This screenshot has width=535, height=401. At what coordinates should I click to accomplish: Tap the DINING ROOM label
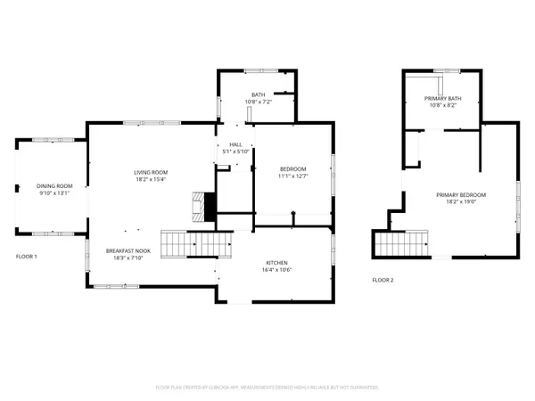tap(54, 185)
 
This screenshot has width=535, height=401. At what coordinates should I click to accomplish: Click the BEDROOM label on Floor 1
tap(293, 169)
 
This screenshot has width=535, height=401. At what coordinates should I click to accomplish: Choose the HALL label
tap(235, 144)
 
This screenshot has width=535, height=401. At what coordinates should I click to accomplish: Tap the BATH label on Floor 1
tap(259, 94)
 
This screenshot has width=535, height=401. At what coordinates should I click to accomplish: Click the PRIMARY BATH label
tap(442, 98)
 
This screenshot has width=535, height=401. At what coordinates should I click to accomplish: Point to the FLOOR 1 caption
tap(28, 256)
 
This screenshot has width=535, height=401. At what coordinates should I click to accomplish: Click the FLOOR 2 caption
tap(383, 280)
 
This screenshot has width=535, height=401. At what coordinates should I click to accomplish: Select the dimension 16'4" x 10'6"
tap(276, 270)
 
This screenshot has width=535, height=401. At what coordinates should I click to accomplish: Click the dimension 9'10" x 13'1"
tap(54, 193)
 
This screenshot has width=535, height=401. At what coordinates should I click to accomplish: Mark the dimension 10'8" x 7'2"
tap(259, 102)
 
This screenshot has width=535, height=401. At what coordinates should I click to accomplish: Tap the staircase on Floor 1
tap(190, 241)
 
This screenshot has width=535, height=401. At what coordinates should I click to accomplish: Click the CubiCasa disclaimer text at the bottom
tap(267, 388)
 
